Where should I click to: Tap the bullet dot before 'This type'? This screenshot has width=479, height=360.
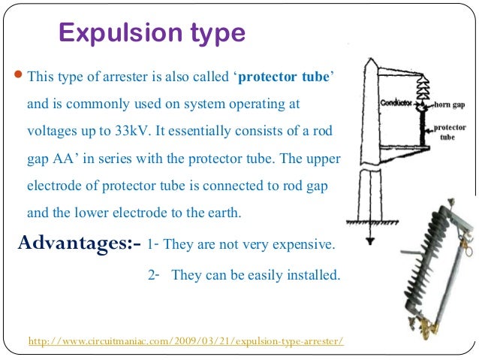point(20,76)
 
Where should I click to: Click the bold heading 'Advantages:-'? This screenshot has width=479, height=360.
point(78,244)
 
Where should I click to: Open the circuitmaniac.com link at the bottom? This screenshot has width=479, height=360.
point(185,341)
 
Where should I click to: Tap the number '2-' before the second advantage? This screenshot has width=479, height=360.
point(154,275)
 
